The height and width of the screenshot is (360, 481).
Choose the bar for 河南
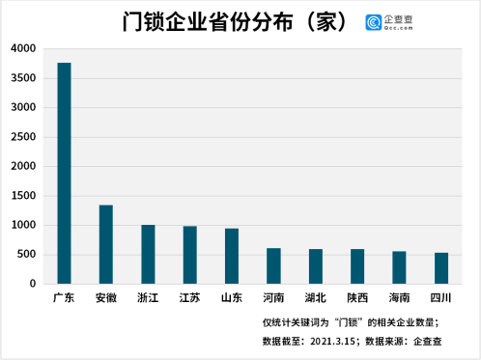(273, 265)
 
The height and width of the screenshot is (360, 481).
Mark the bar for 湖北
(315, 266)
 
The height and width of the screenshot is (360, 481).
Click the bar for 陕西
(357, 266)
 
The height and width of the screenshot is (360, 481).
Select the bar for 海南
(399, 267)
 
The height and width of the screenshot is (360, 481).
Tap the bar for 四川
(440, 268)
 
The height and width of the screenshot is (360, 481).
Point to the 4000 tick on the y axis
(23, 48)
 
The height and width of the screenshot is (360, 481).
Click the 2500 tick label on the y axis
(23, 137)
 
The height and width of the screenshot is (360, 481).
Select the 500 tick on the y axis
(26, 255)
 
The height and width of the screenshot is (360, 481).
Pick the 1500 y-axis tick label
(23, 196)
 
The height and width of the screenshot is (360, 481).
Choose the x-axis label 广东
(64, 298)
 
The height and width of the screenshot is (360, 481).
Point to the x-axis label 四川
(440, 298)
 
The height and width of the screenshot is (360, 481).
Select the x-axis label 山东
(232, 298)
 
